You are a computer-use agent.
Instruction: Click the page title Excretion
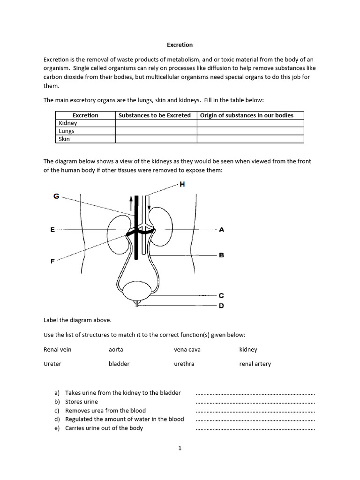pyautogui.click(x=180, y=45)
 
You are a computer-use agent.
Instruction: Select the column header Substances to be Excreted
pyautogui.click(x=155, y=115)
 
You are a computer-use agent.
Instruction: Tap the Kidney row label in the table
pyautogui.click(x=68, y=123)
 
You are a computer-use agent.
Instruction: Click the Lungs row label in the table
pyautogui.click(x=67, y=131)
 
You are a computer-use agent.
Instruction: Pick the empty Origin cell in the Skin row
pyautogui.click(x=250, y=139)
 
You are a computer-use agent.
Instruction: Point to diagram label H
pyautogui.click(x=182, y=185)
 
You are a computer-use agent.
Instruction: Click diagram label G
pyautogui.click(x=56, y=196)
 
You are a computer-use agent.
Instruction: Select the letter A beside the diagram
pyautogui.click(x=221, y=230)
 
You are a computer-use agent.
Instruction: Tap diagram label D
pyautogui.click(x=221, y=306)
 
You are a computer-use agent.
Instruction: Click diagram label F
pyautogui.click(x=52, y=261)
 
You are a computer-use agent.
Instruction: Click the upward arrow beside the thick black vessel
pyautogui.click(x=131, y=203)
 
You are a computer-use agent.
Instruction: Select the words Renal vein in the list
pyautogui.click(x=58, y=350)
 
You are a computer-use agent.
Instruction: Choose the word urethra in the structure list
pyautogui.click(x=184, y=364)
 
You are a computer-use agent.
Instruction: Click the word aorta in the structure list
pyautogui.click(x=116, y=350)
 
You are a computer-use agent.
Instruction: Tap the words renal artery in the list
pyautogui.click(x=255, y=364)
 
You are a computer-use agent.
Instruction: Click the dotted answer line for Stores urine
pyautogui.click(x=255, y=403)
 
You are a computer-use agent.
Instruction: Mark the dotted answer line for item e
pyautogui.click(x=255, y=429)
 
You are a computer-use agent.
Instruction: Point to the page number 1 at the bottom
pyautogui.click(x=180, y=449)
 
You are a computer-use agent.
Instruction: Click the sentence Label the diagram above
pyautogui.click(x=77, y=320)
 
